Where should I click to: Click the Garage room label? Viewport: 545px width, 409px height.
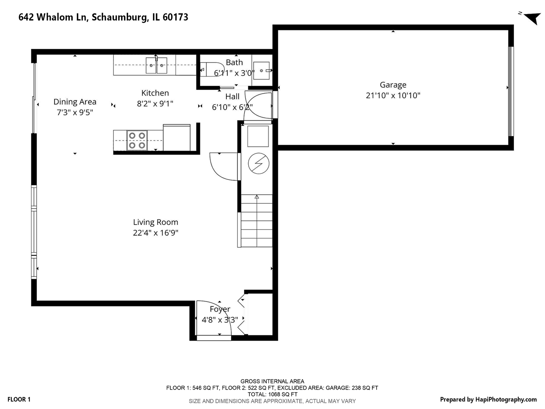click(x=393, y=85)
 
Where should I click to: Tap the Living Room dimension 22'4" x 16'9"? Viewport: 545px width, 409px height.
click(x=155, y=233)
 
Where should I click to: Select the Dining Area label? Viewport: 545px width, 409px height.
click(x=75, y=101)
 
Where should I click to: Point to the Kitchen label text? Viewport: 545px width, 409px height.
click(x=155, y=93)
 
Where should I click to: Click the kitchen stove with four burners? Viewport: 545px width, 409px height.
click(x=137, y=140)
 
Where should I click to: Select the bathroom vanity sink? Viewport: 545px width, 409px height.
click(x=262, y=70)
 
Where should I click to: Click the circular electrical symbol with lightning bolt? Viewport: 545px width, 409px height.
click(x=258, y=164)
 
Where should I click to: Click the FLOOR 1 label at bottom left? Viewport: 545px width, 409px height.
click(x=19, y=399)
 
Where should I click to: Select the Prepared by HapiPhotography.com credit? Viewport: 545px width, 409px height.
click(x=488, y=399)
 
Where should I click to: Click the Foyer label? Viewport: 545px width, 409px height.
click(x=220, y=309)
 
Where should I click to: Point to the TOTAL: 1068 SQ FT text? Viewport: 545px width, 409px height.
click(x=272, y=394)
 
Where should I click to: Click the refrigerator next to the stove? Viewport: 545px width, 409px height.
click(x=176, y=138)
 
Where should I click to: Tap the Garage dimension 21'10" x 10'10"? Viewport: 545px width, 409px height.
click(x=393, y=95)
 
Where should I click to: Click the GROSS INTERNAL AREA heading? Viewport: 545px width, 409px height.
click(x=272, y=381)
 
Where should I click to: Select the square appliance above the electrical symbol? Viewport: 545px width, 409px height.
click(x=258, y=136)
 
